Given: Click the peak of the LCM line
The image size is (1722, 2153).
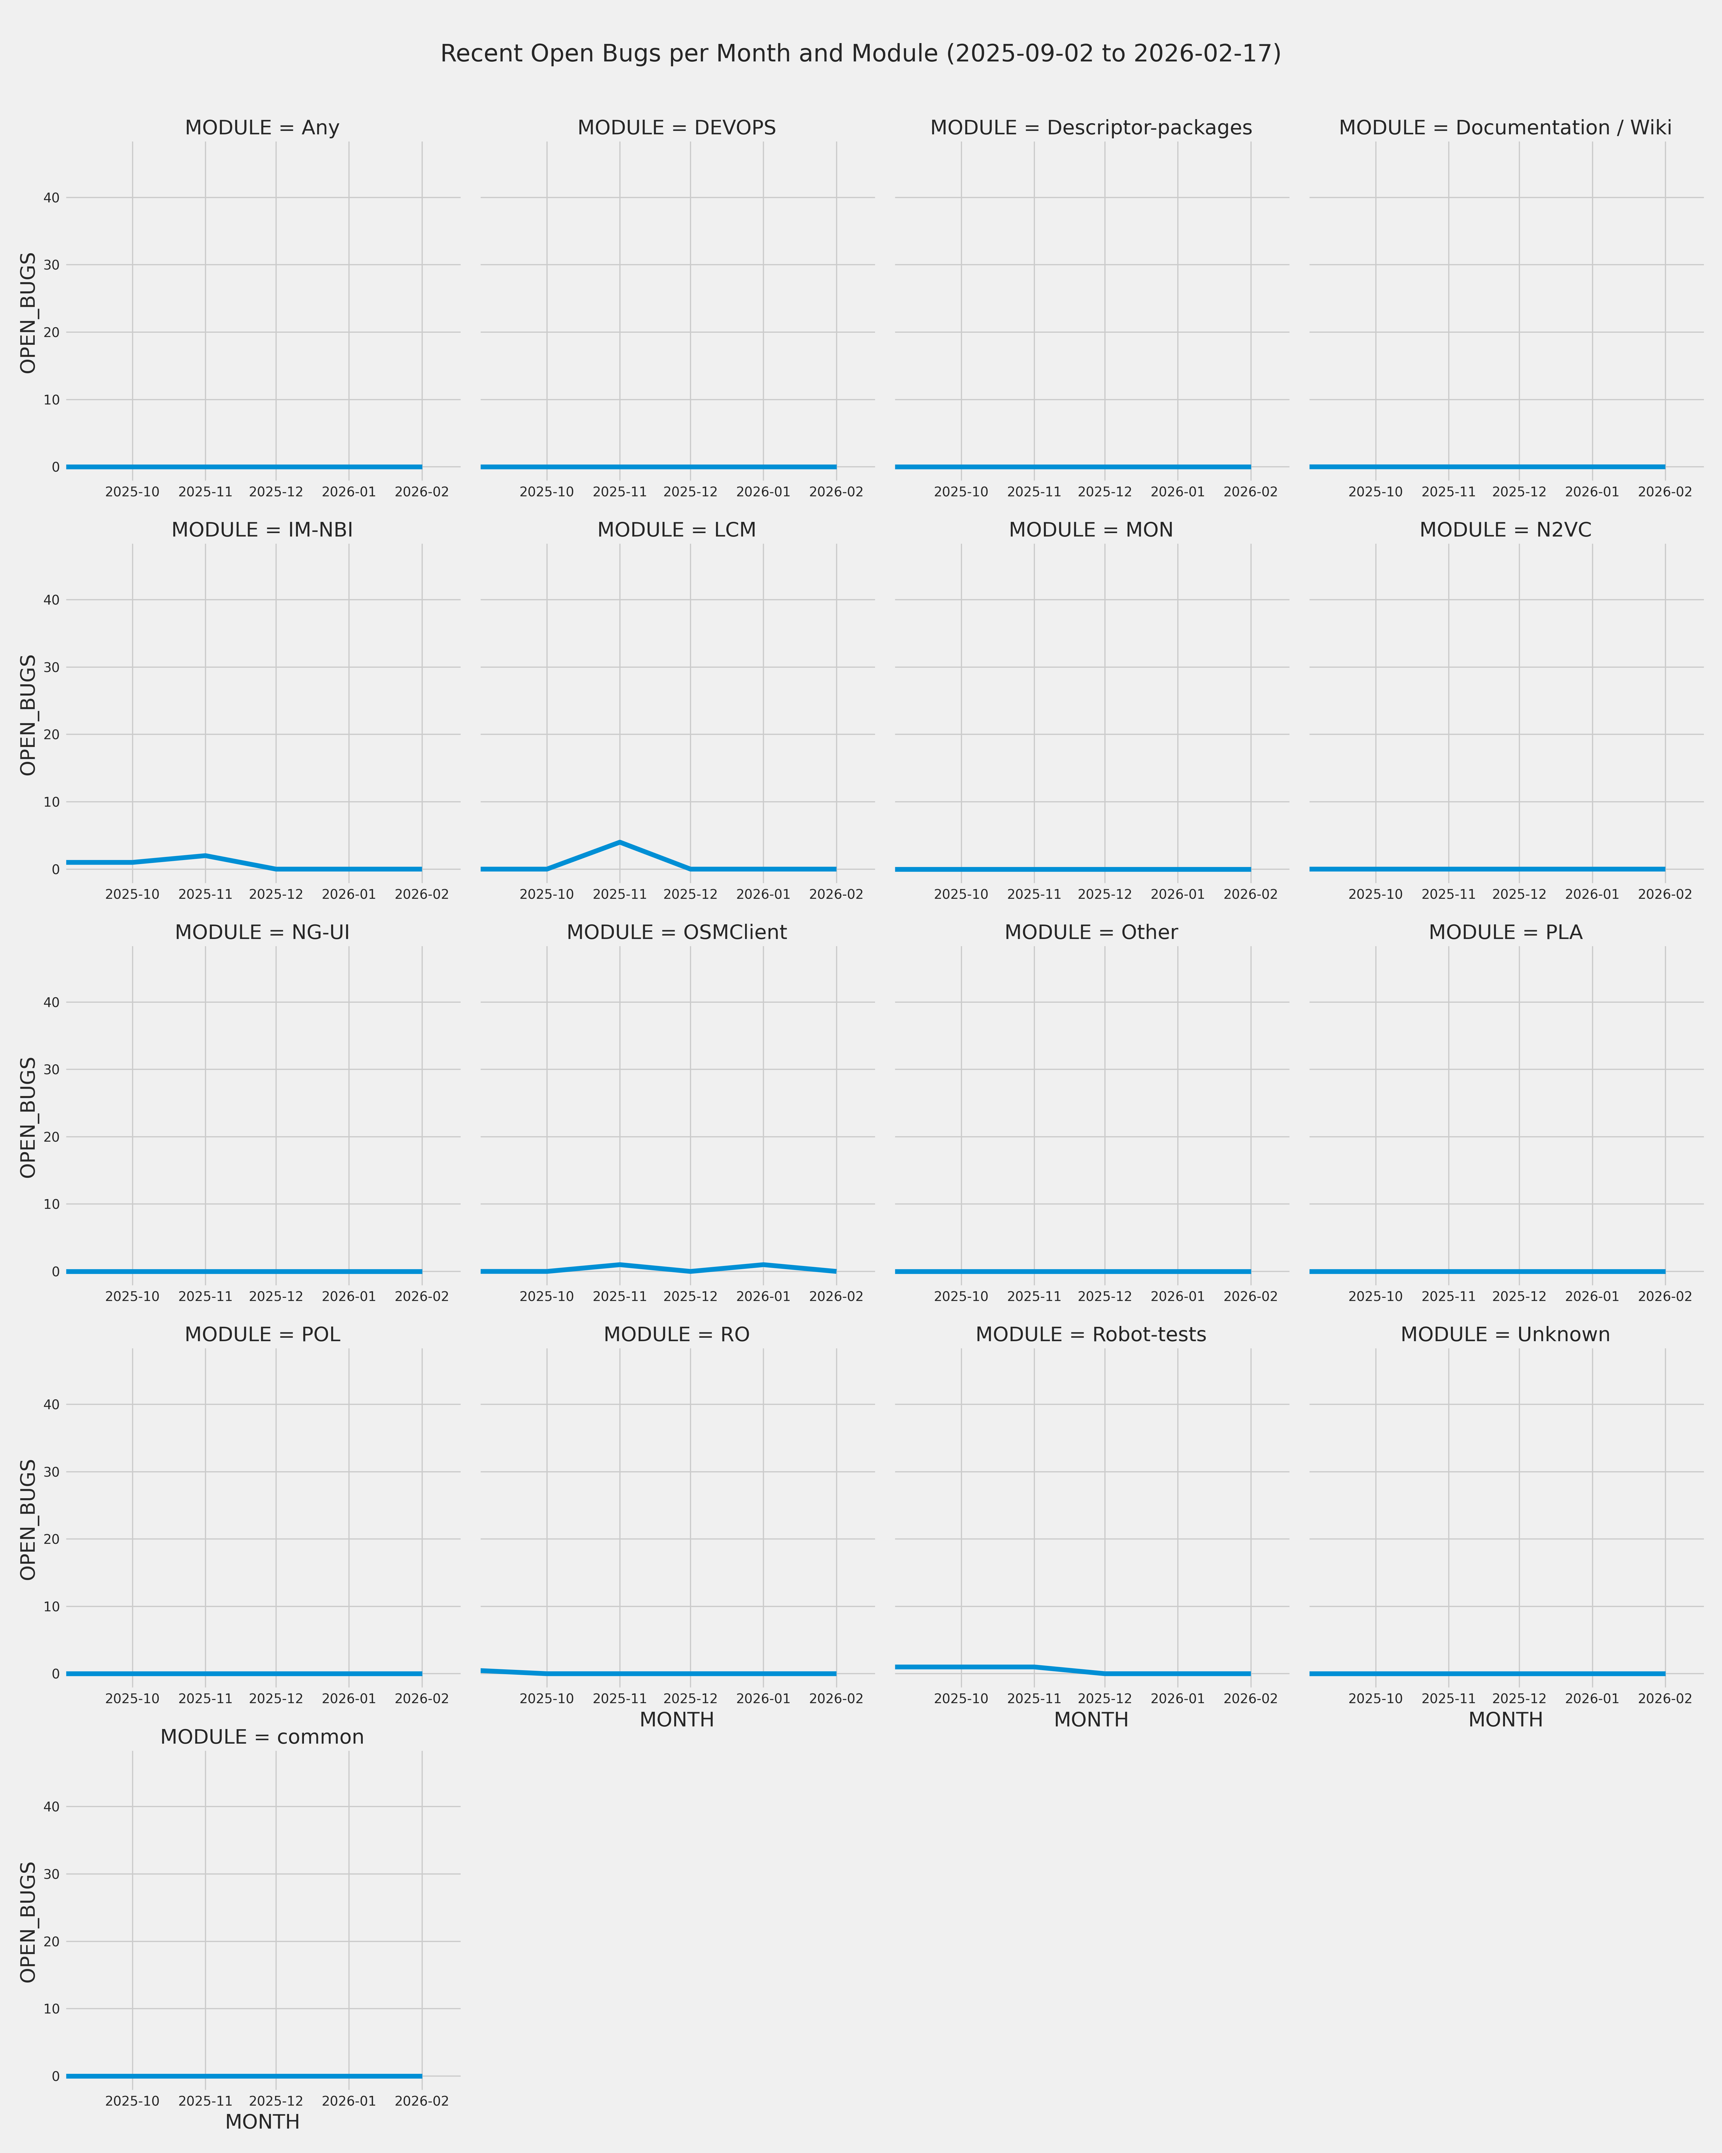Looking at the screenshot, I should tap(620, 842).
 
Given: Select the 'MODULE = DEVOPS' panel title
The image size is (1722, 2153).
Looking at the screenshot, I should tap(677, 128).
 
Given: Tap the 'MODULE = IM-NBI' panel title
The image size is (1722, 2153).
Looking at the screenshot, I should tap(261, 530).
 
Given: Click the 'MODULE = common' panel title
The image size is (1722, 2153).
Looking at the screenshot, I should tap(261, 1738).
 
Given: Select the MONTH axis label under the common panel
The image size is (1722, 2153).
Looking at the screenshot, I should tap(261, 2122).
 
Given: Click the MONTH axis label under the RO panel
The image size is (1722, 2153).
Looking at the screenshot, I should tap(677, 1720).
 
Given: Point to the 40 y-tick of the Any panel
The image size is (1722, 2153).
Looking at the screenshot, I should tap(51, 198).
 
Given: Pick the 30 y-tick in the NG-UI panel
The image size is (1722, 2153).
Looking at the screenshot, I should tap(51, 1070).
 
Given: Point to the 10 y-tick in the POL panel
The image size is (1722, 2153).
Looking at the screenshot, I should tap(51, 1607).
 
